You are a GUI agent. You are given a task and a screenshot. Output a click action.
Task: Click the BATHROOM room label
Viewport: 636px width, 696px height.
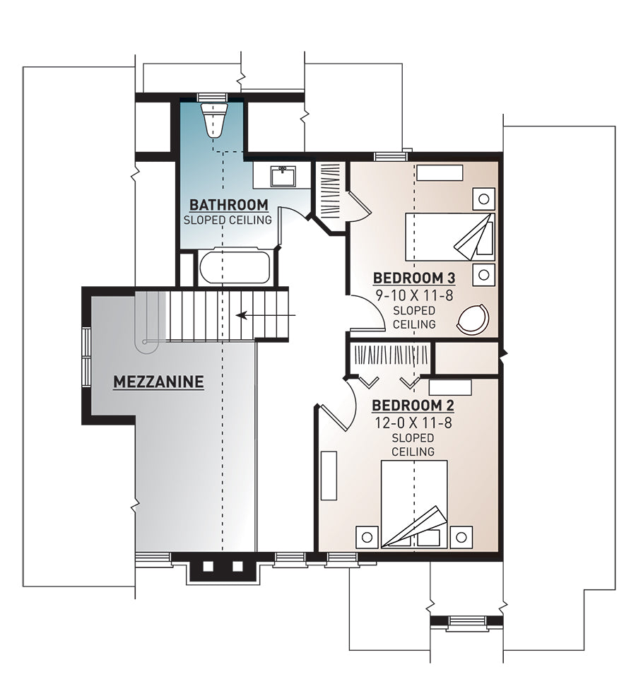coord(228,205)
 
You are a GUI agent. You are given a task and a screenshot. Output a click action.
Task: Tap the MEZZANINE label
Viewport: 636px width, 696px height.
coord(158,382)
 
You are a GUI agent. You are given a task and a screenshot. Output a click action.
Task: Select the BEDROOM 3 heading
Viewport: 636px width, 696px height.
coord(413,278)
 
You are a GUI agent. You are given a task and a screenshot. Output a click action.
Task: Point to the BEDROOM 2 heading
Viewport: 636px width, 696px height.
coord(413,406)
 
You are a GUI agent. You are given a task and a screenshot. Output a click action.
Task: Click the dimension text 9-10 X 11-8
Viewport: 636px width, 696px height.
coord(415,295)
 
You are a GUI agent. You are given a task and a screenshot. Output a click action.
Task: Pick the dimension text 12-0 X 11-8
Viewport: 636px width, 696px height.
coord(413,423)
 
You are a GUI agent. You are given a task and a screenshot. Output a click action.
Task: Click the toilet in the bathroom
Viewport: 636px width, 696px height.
coord(213,119)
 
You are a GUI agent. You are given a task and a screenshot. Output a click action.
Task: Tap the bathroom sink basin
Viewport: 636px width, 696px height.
coord(283,176)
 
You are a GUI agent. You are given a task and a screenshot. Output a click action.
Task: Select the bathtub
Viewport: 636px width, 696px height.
coord(234,267)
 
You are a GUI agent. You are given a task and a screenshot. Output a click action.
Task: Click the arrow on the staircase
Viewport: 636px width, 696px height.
coord(266,315)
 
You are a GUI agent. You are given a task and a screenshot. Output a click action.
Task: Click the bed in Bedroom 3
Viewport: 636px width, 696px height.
coord(450,237)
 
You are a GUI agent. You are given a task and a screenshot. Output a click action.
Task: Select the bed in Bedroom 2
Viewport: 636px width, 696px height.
coord(414,505)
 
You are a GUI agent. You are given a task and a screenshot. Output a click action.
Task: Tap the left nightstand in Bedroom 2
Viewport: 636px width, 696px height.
coord(367,537)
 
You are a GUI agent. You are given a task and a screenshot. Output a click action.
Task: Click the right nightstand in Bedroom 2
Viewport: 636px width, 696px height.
coord(461,537)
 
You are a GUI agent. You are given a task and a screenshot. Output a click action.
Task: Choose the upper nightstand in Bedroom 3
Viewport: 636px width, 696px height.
coord(483,199)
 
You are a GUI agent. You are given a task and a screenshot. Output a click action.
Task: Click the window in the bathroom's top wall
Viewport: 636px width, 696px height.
coord(212,98)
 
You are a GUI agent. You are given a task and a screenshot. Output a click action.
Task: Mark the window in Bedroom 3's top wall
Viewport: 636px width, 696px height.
coord(391,156)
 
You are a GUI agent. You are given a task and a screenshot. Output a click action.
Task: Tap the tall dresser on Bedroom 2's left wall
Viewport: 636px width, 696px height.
coord(329,476)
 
